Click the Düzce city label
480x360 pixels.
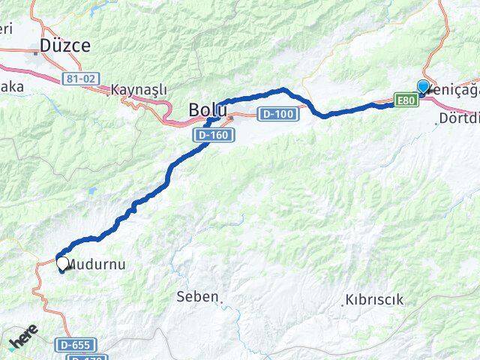point(65,45)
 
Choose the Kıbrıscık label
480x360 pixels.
point(374,300)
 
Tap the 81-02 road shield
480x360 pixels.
point(78,77)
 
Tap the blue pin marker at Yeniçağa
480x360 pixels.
point(423,87)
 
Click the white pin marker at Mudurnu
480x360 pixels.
point(63,264)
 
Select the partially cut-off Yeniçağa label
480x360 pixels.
point(454,88)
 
